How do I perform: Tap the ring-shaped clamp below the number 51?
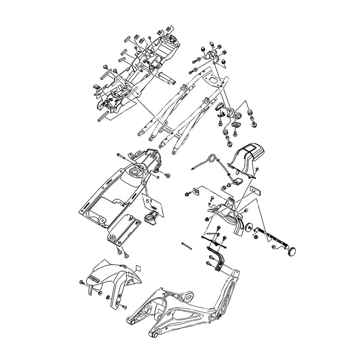pyautogui.click(x=150, y=217)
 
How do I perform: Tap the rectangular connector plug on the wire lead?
pyautogui.click(x=238, y=180)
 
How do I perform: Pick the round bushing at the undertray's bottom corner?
pyautogui.click(x=111, y=238)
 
